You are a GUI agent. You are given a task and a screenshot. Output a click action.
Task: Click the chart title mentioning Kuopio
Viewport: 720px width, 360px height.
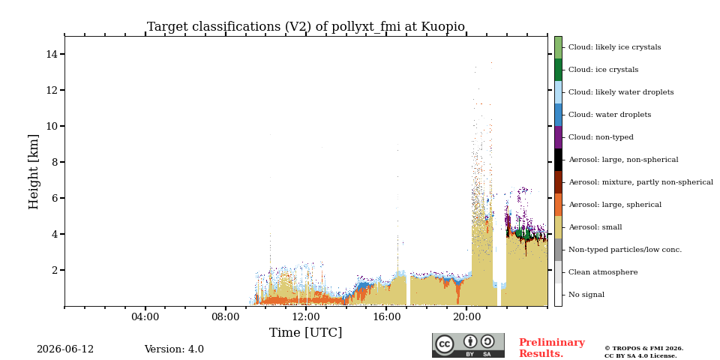point(306,27)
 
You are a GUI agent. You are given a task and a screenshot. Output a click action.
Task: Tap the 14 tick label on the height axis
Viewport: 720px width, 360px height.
point(52,54)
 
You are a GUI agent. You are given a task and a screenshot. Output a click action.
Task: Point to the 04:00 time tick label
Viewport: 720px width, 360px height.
point(145,316)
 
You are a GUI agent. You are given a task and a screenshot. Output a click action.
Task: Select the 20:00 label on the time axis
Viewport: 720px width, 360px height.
point(466,316)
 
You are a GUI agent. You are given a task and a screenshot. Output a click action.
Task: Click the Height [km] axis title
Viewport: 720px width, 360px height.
point(34,172)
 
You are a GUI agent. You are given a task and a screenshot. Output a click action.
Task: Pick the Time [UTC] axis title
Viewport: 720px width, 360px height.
point(306,332)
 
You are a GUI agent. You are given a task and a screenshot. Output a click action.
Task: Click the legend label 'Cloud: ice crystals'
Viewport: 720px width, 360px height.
point(603,70)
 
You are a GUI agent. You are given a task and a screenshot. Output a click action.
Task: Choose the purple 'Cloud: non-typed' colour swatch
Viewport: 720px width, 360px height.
point(558,137)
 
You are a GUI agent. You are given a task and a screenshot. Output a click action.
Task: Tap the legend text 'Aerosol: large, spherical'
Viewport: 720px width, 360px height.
point(615,205)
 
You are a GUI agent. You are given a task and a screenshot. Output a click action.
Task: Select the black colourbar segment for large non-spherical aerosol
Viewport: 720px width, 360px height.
point(558,160)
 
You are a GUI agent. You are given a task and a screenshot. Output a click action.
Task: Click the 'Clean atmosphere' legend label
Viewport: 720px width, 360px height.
point(603,272)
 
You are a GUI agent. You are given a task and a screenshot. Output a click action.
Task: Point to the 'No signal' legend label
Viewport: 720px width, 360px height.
point(586,295)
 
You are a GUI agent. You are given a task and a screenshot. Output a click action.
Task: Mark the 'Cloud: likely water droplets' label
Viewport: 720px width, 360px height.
point(621,92)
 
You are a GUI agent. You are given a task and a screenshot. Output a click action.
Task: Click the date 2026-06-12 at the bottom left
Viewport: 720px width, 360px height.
point(65,349)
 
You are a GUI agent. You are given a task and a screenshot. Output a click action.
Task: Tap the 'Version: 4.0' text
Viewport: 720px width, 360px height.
point(174,349)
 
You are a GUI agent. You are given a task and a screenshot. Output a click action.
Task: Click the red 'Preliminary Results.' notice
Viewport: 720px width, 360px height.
point(552,348)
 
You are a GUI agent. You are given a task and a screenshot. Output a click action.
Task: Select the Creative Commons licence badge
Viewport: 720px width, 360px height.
point(468,345)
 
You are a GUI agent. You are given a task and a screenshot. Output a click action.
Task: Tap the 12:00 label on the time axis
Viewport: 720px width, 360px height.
point(306,316)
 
